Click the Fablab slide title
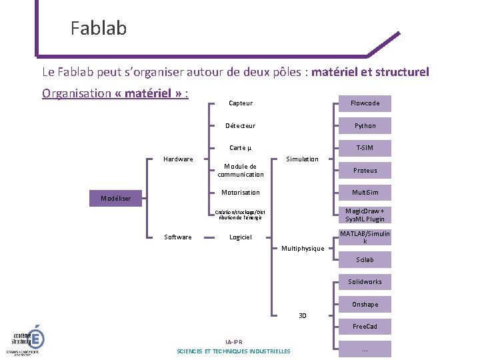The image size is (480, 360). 99,28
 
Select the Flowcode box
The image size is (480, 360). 365,103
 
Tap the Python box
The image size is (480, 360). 365,125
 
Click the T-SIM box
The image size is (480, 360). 365,148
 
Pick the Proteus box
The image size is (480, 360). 365,170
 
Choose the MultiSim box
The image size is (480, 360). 365,193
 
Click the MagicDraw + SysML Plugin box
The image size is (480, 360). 365,215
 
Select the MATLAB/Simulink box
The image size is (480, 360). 365,237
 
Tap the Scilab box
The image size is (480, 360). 365,259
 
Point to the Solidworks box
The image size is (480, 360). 365,282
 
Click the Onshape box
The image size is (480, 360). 365,304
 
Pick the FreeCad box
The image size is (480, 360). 365,327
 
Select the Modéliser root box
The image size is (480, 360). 116,198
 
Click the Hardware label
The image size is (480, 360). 178,159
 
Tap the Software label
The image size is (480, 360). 178,237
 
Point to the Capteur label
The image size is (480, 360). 240,103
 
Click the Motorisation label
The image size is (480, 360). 240,192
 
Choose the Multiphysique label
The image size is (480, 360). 303,248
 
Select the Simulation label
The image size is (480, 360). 302,159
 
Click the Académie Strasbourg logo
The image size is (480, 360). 25,340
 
